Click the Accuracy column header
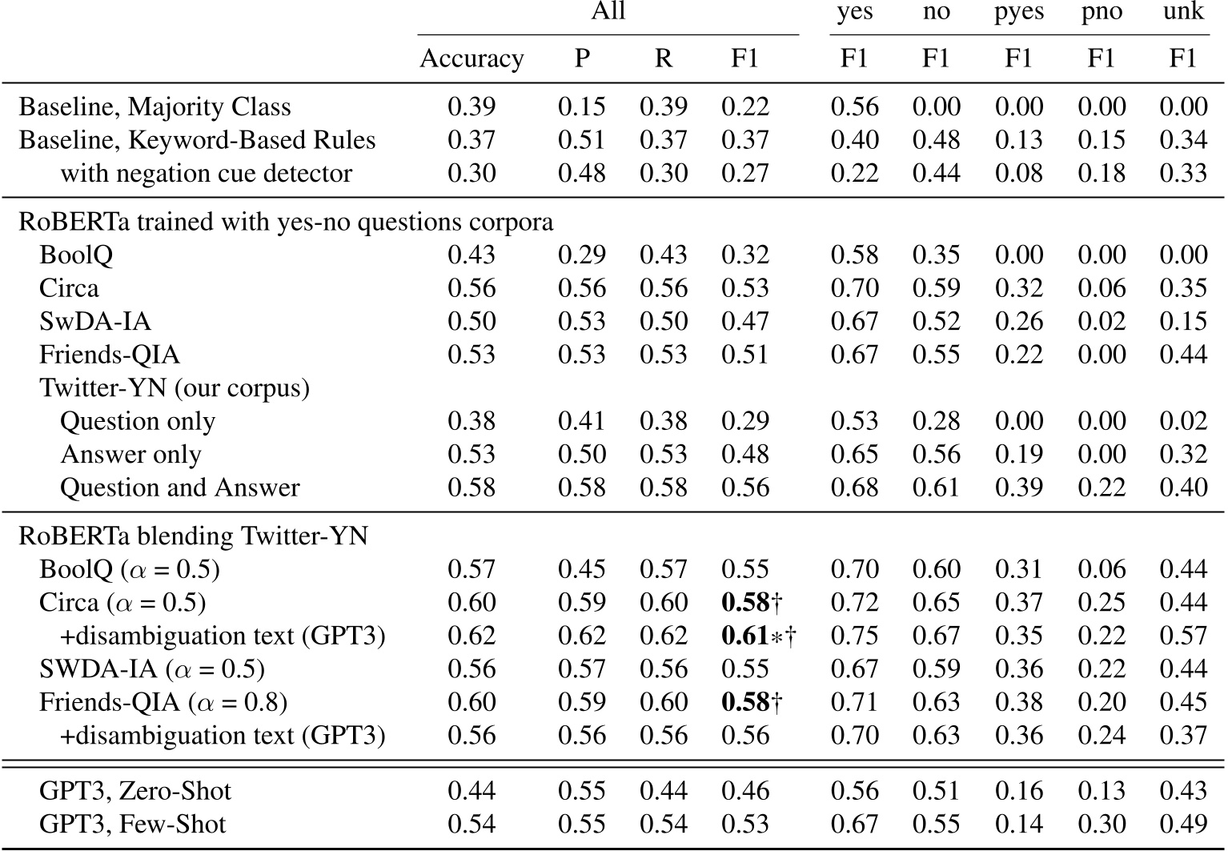472,59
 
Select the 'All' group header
608,12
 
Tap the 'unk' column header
1183,13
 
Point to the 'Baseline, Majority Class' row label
155,107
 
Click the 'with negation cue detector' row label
206,174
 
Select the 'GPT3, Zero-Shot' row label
134,792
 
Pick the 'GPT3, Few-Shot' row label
132,825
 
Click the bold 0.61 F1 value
745,636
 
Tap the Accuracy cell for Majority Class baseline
472,107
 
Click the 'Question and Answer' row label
179,488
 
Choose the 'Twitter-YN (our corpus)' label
175,388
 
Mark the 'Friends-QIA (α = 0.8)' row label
163,703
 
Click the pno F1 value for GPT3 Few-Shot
1102,825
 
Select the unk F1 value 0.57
1183,636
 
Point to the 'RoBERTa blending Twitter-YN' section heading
193,536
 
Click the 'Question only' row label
138,422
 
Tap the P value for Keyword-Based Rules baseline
582,141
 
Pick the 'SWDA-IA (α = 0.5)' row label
152,669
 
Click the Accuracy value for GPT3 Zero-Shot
472,792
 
